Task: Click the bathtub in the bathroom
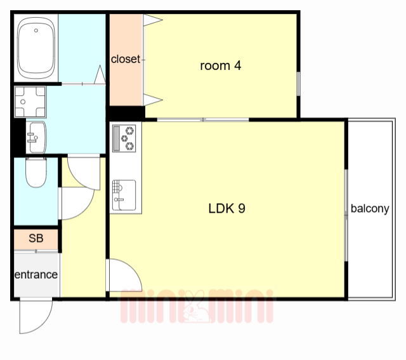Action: pos(36,48)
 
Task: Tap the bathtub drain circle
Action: pos(36,30)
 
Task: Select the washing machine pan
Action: pos(30,102)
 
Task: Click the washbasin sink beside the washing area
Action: pos(37,137)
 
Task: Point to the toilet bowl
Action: pos(36,172)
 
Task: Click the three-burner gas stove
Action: pos(124,138)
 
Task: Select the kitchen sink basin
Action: pos(124,195)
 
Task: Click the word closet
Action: pos(126,59)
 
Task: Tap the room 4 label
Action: pos(221,65)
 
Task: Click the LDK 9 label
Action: pos(227,208)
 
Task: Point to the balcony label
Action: pos(370,209)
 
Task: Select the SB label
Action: pos(36,238)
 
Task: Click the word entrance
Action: pos(36,274)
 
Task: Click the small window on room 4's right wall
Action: pos(298,84)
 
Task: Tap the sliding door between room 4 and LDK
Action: pos(203,120)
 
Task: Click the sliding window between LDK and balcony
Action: pos(346,215)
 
